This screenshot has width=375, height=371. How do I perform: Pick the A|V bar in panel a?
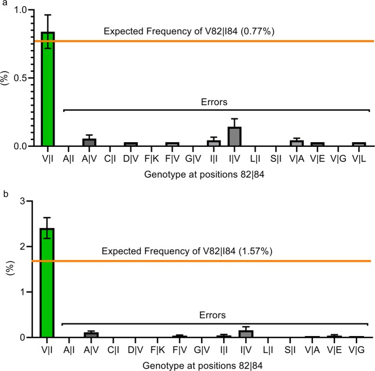tap(89, 142)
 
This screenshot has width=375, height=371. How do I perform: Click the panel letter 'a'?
tap(4, 4)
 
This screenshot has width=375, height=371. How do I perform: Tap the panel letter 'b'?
tap(4, 190)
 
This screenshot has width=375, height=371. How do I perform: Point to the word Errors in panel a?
tap(212, 102)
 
